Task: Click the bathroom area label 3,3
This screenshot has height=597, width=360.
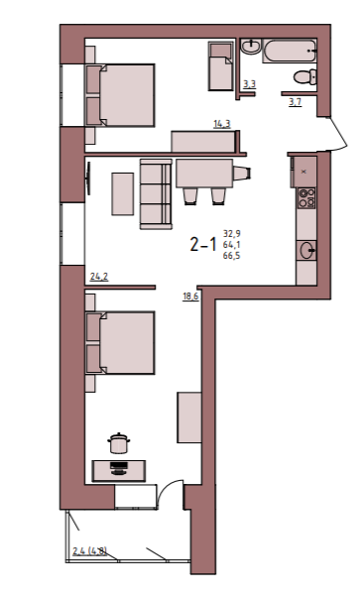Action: tap(249, 84)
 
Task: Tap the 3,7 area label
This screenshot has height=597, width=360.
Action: tap(296, 102)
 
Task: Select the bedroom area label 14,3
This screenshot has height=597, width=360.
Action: tap(222, 124)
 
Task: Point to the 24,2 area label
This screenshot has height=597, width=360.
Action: tap(99, 277)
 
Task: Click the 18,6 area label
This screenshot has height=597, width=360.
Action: tap(190, 297)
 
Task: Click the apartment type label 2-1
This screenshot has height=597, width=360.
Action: tap(203, 244)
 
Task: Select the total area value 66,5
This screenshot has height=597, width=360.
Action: tap(231, 256)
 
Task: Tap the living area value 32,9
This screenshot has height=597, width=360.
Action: tap(231, 233)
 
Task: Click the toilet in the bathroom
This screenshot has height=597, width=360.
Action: tap(304, 77)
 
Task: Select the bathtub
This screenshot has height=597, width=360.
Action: tap(290, 51)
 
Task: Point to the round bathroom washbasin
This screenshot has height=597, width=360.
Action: tap(250, 47)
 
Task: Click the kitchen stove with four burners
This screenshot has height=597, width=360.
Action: tap(306, 198)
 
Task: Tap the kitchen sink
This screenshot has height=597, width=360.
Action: tap(307, 250)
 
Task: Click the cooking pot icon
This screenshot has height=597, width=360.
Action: tap(119, 443)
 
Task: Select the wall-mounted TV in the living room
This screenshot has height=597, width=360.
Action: tap(89, 179)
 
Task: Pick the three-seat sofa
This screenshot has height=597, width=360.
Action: tap(156, 194)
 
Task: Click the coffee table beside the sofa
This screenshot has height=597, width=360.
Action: tap(123, 193)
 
